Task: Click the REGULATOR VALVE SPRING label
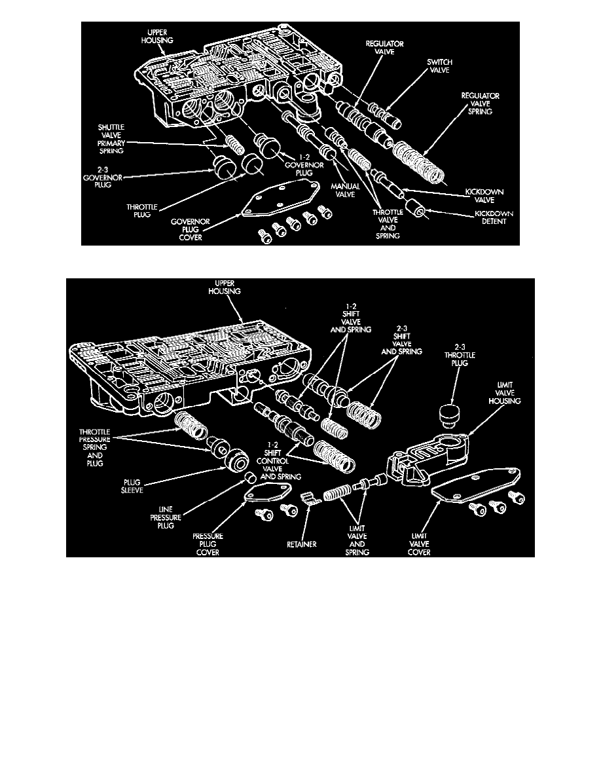coord(480,104)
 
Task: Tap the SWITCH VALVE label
coord(439,67)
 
